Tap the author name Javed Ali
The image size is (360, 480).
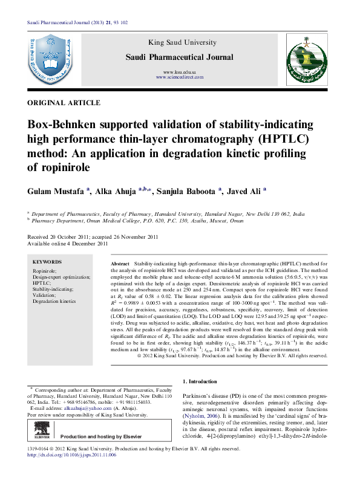pyautogui.click(x=244, y=191)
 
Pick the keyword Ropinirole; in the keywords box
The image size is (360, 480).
pyautogui.click(x=45, y=271)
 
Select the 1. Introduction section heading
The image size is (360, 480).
pyautogui.click(x=199, y=381)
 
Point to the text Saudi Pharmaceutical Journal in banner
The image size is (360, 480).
pyautogui.click(x=178, y=57)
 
